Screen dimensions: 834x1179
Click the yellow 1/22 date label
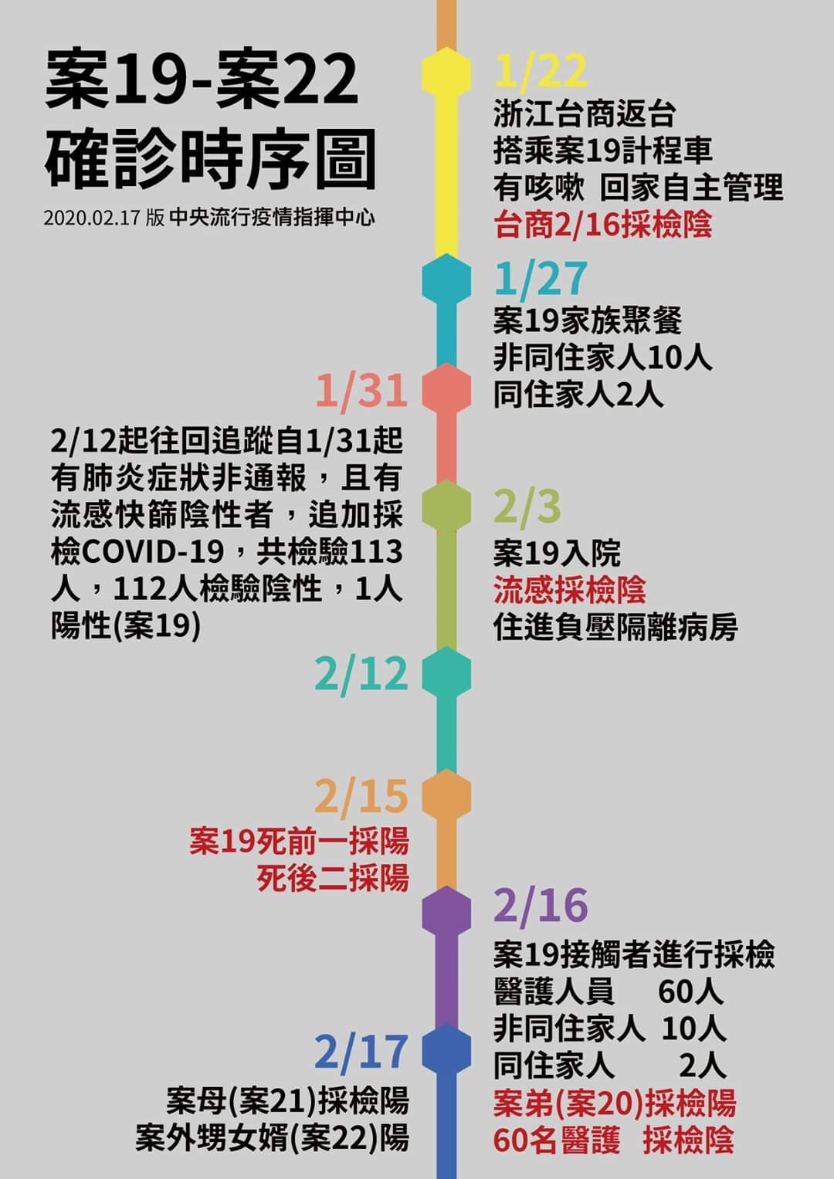[541, 70]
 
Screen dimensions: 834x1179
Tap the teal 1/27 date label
[541, 278]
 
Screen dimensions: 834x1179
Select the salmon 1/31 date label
[361, 391]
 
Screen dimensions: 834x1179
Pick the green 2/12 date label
[361, 674]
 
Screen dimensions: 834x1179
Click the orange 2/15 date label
[361, 796]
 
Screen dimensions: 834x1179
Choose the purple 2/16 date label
[541, 906]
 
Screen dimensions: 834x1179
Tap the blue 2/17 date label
[361, 1052]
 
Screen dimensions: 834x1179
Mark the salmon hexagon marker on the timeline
[446, 388]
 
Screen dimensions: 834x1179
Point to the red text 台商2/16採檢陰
[603, 224]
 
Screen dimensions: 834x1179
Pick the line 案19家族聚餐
[588, 320]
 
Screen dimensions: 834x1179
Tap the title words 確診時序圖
[210, 159]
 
